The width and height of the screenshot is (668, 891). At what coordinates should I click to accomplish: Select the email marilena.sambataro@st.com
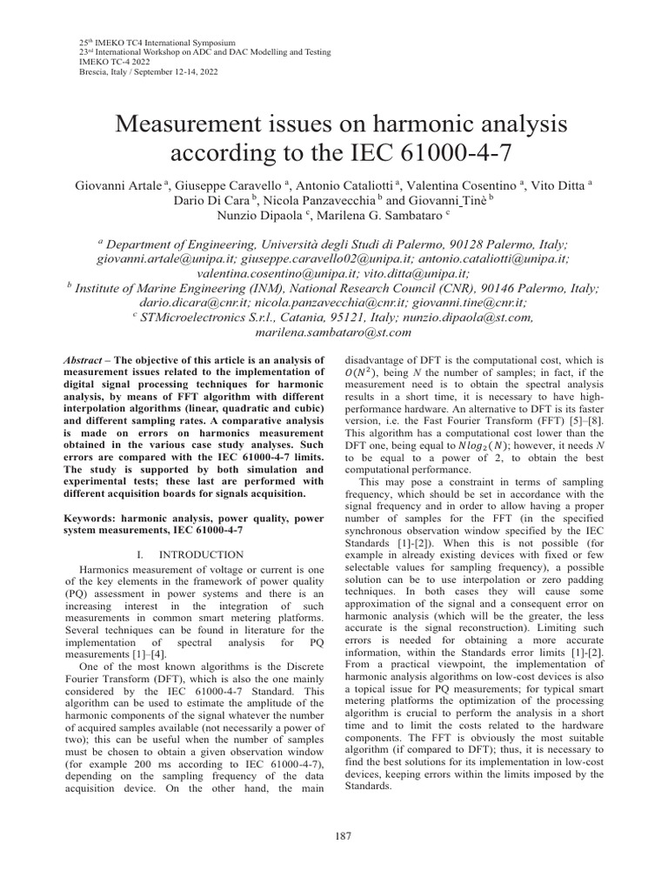click(334, 332)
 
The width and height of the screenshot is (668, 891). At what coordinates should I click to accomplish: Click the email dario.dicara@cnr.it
click(182, 302)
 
